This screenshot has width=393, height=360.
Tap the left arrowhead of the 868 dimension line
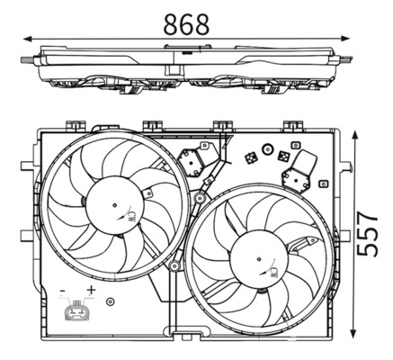(x=26, y=39)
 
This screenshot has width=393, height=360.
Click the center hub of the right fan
(x=261, y=261)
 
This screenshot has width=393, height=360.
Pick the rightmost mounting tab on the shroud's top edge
(x=293, y=126)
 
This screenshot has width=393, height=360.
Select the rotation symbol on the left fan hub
(x=132, y=216)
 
